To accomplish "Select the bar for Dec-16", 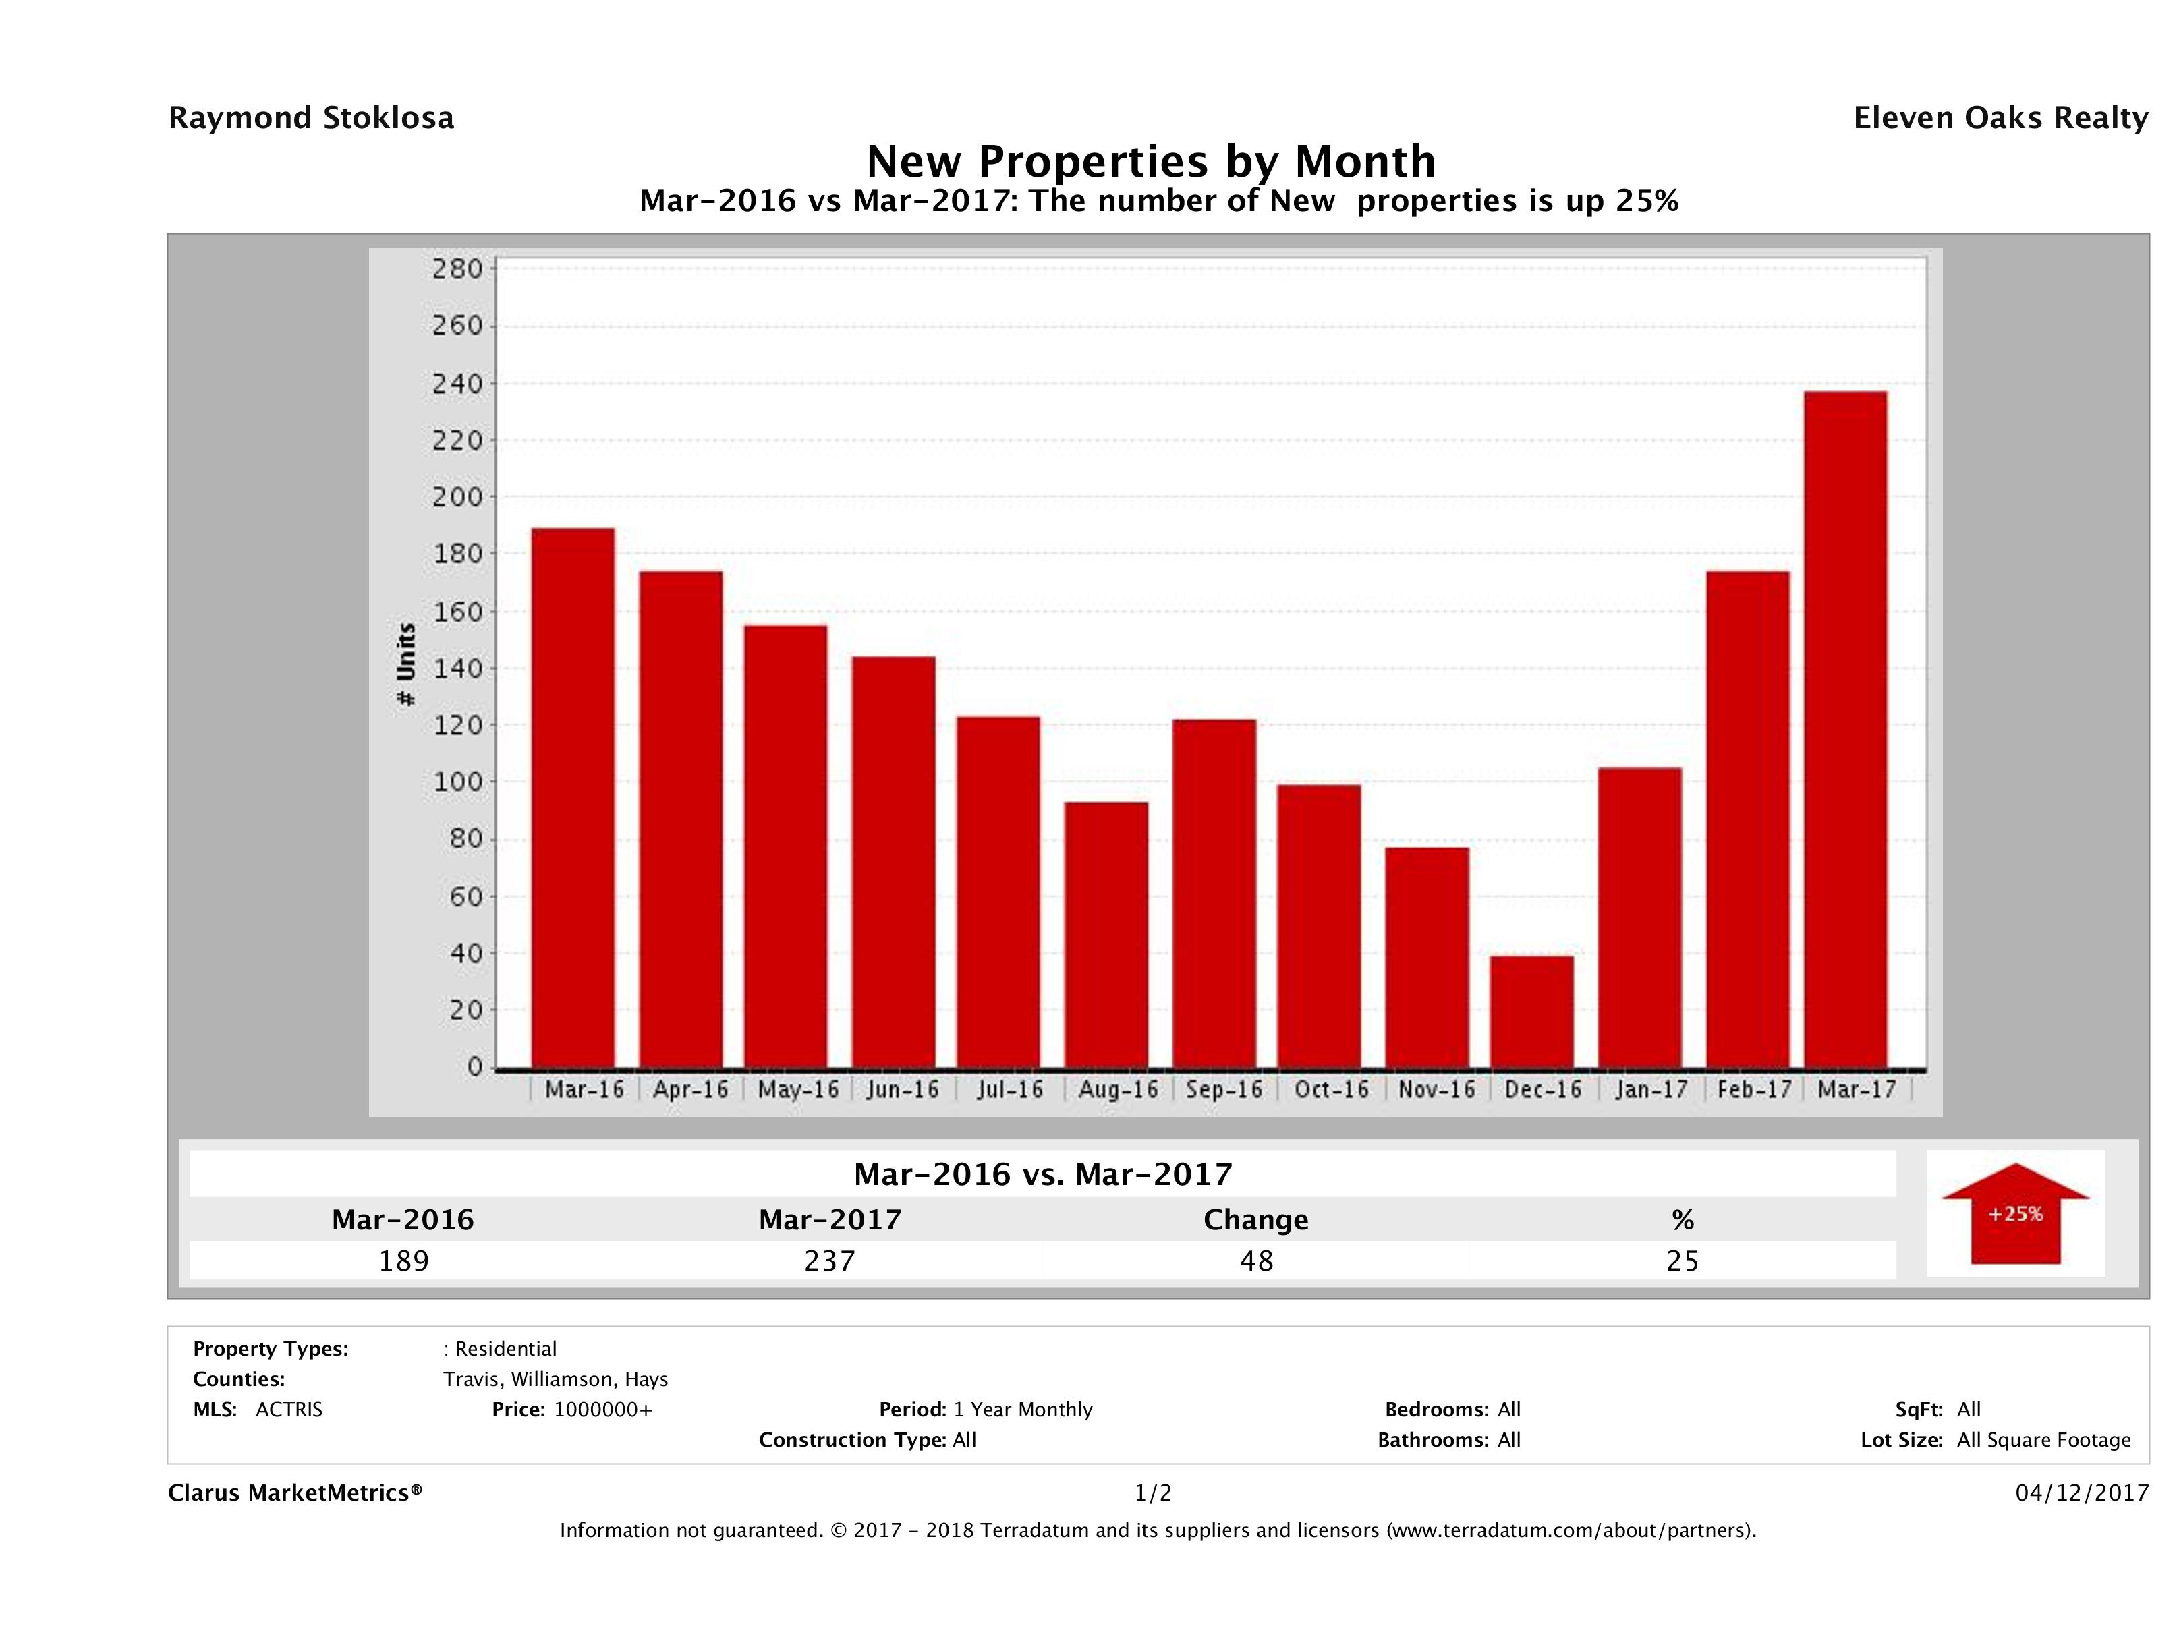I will pos(1531,1012).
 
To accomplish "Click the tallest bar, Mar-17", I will pos(1845,729).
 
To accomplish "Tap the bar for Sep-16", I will pos(1214,894).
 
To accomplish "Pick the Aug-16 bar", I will pos(1106,935).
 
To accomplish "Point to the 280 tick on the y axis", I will pos(457,268).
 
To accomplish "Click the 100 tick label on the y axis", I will pos(457,782).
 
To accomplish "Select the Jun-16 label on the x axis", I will pos(903,1090).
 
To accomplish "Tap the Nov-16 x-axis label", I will pos(1437,1090).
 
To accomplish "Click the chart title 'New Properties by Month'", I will pos(1150,161).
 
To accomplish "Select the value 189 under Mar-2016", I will pos(403,1261).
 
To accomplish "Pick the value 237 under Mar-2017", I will pos(830,1261).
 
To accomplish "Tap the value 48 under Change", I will pos(1257,1261).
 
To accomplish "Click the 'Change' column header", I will pos(1256,1220).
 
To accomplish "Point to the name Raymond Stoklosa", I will pos(311,118).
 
